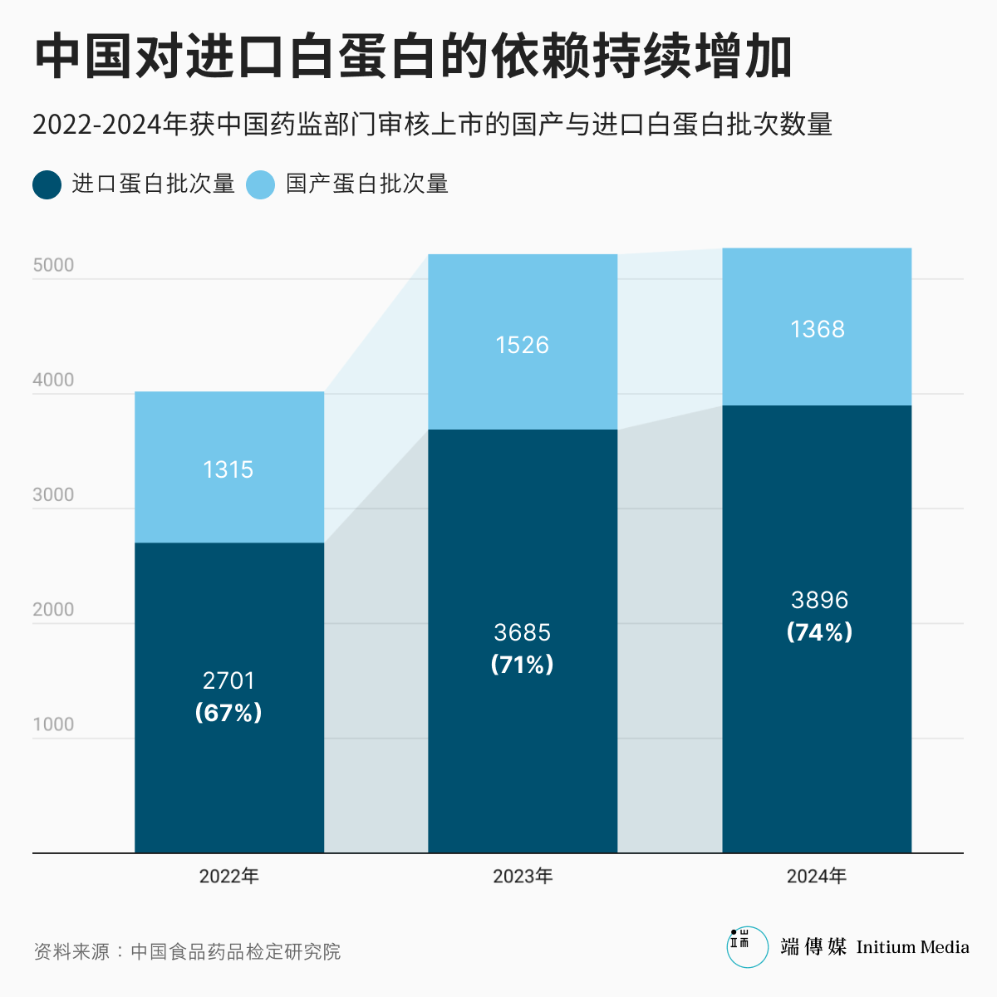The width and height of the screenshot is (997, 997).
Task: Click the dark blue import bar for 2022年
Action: pos(229,781)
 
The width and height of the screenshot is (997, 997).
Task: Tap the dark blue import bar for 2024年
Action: pos(817,748)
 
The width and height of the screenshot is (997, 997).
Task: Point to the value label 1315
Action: pos(228,469)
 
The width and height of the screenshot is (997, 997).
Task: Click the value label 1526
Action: pos(523,345)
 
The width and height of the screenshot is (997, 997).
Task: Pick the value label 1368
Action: pos(818,329)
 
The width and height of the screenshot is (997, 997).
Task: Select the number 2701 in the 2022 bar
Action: pos(228,680)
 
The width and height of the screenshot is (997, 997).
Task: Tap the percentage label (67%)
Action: pos(228,713)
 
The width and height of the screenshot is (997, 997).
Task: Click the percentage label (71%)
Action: pos(523,665)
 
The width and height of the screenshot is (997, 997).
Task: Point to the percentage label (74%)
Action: pos(819,632)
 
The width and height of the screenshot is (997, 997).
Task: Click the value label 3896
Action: pos(819,600)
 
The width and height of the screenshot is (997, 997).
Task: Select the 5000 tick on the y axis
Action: pos(53,265)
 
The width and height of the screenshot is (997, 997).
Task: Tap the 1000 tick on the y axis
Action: pos(53,724)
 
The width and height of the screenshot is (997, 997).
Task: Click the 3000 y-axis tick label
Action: pos(53,495)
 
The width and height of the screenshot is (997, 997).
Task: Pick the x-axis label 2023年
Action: pos(523,876)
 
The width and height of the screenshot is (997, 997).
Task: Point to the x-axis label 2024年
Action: pos(817,876)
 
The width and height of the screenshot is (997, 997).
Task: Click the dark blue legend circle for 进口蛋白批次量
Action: pos(47,184)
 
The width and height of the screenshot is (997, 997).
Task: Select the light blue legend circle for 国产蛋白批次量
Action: pos(261,184)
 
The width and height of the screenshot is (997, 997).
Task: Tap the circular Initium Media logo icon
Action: pos(747,947)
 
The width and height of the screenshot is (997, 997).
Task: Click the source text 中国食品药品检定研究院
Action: pos(236,951)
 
